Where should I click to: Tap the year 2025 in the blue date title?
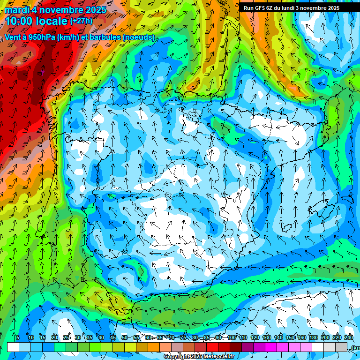coord(94,10)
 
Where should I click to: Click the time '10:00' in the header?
coord(20,22)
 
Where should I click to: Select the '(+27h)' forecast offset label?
coord(81,21)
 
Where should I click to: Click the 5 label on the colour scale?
coord(18,338)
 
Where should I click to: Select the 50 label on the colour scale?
coord(124,338)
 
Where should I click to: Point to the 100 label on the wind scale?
coord(232,338)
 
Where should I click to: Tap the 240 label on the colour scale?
coord(349,338)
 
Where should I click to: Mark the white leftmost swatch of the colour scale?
coord(13,347)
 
